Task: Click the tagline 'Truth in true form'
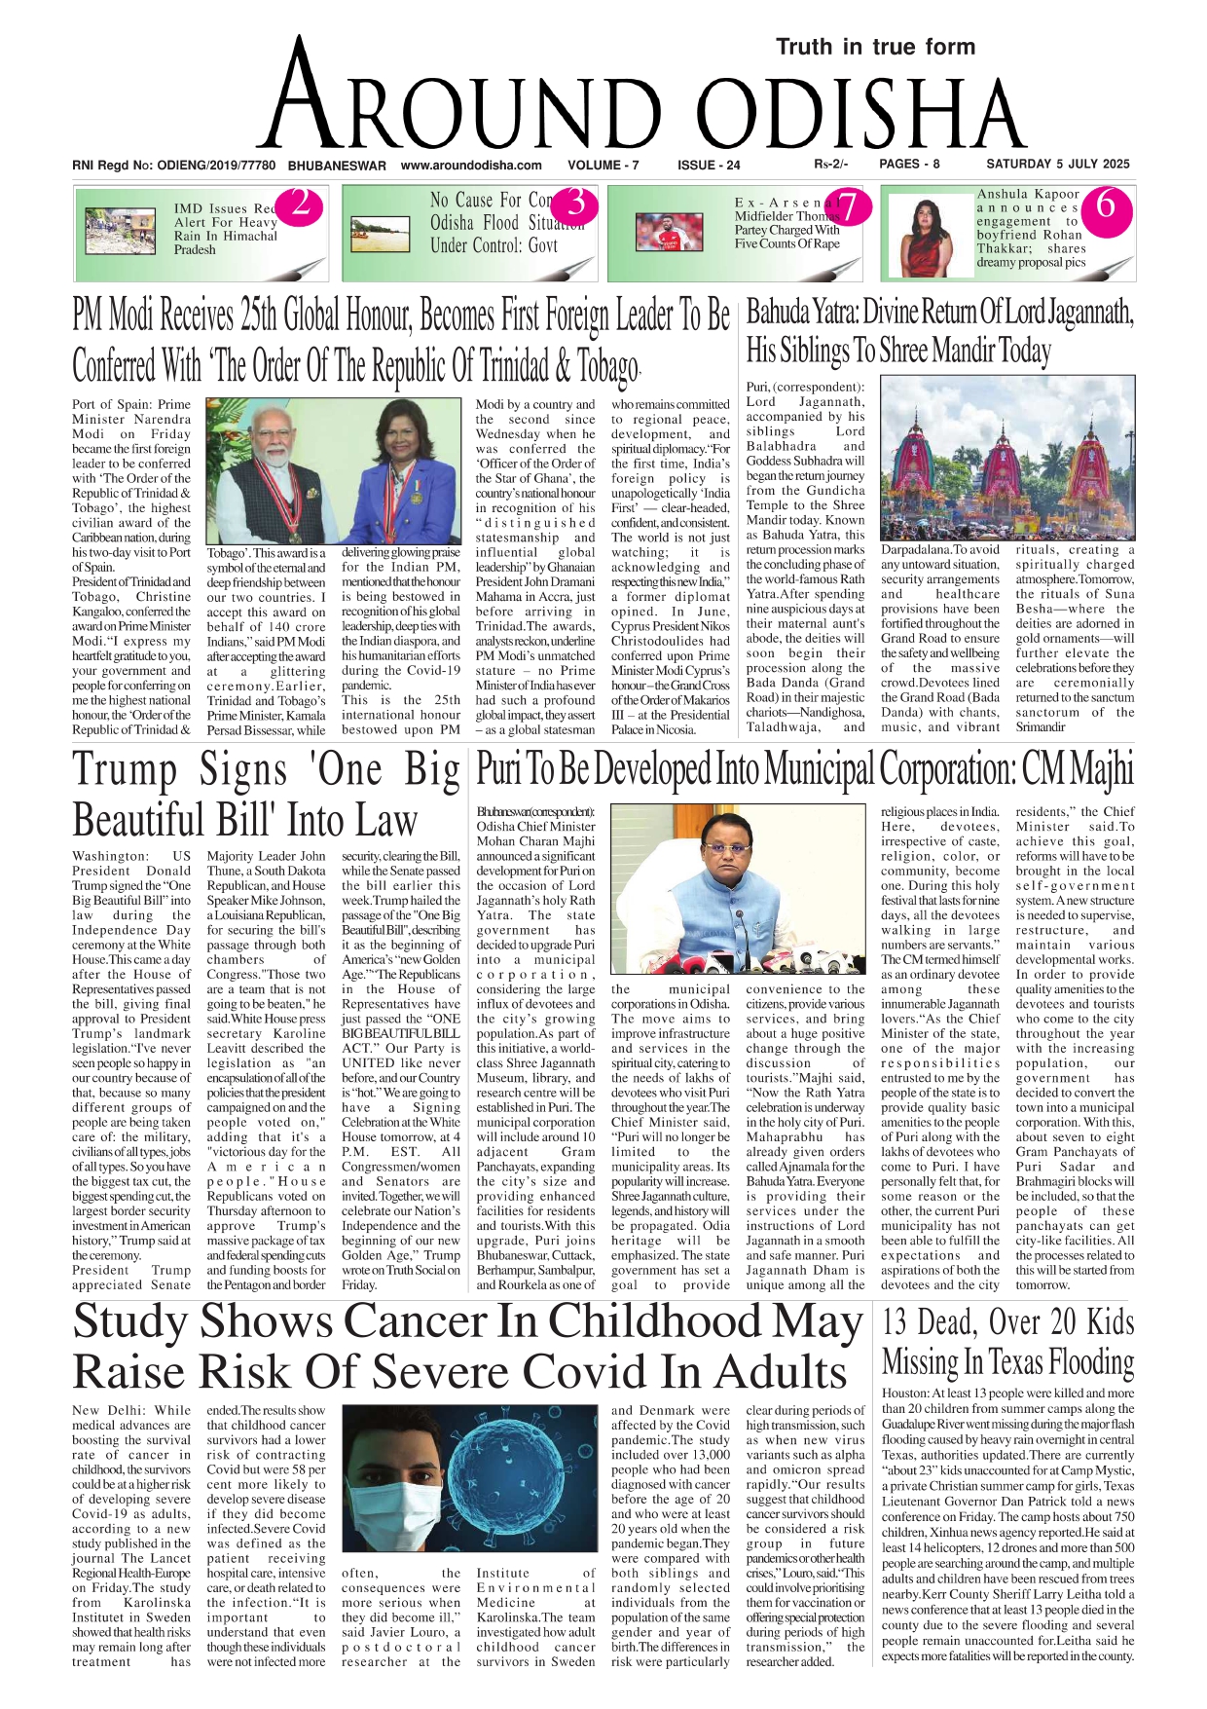[875, 47]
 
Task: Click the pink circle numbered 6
[1105, 205]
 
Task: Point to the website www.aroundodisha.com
[471, 166]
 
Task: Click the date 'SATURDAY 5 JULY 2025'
[1058, 165]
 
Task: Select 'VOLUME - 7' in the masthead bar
[603, 166]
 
